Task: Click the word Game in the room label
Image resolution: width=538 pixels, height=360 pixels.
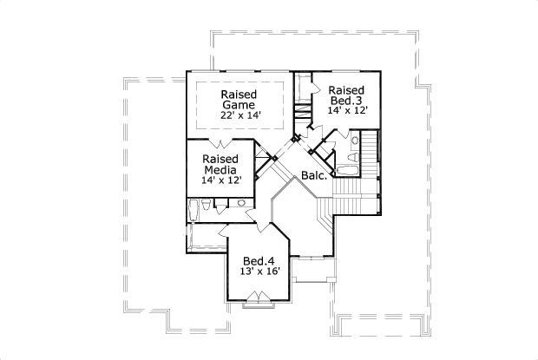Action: [237, 106]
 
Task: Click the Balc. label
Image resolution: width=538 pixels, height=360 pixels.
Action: [313, 176]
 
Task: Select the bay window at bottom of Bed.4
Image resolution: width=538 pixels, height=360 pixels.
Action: [258, 300]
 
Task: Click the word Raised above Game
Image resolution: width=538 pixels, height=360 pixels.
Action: [237, 94]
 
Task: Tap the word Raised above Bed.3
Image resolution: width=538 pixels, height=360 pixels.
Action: [345, 90]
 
